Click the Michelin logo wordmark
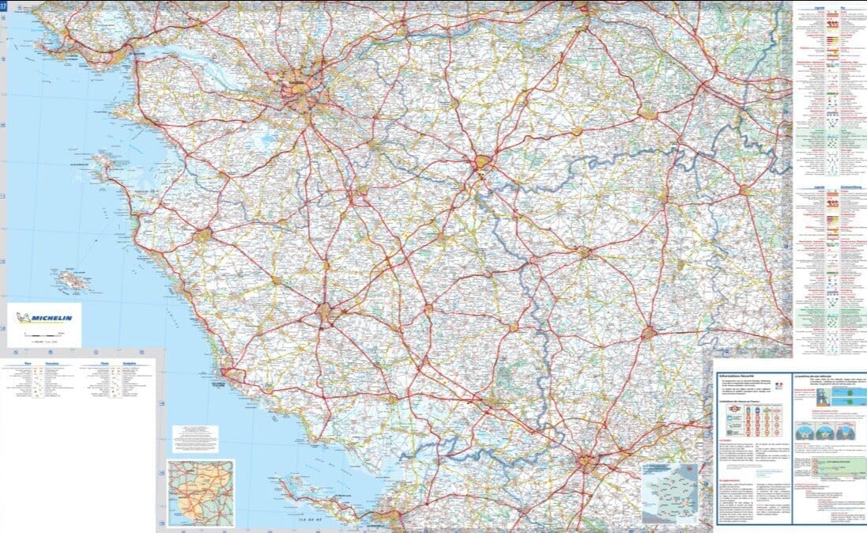click(50, 319)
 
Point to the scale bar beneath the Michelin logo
click(43, 337)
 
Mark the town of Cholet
click(483, 165)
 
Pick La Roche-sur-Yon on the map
click(327, 312)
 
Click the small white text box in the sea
click(194, 436)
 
